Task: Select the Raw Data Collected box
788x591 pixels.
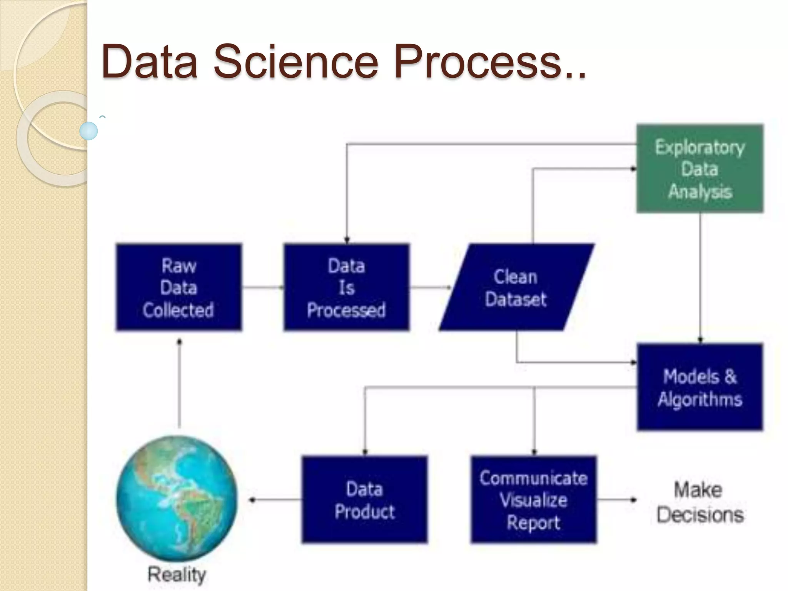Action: (x=179, y=287)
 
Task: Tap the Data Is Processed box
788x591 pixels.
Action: (x=346, y=287)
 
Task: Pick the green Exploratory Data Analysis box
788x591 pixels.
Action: (x=700, y=169)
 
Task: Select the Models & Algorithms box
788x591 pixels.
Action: (x=700, y=387)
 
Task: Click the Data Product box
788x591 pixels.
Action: (x=364, y=499)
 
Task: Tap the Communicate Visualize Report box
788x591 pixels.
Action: (x=533, y=499)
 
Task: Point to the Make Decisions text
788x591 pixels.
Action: (x=700, y=502)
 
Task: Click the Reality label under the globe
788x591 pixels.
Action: (x=177, y=574)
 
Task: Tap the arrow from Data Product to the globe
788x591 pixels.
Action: (x=275, y=500)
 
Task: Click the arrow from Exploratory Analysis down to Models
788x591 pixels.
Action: (x=700, y=277)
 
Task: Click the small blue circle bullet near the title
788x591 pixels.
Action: (x=88, y=131)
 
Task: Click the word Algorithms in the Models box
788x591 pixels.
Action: (x=700, y=399)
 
